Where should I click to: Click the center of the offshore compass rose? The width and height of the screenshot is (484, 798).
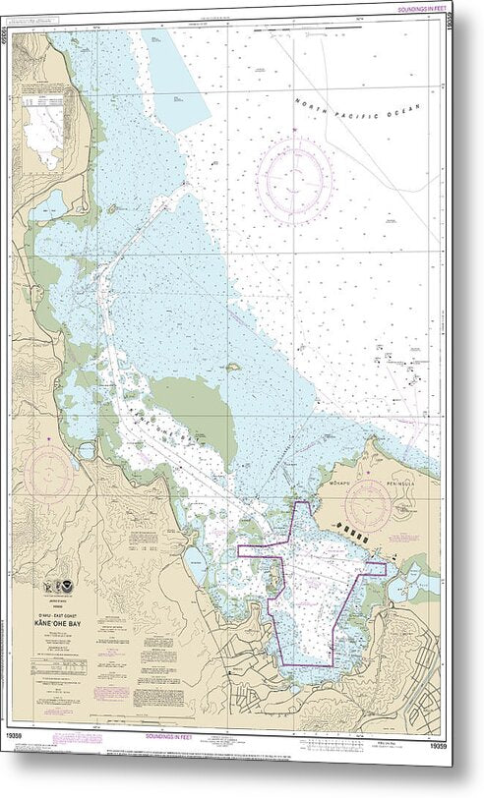[x=295, y=180]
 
